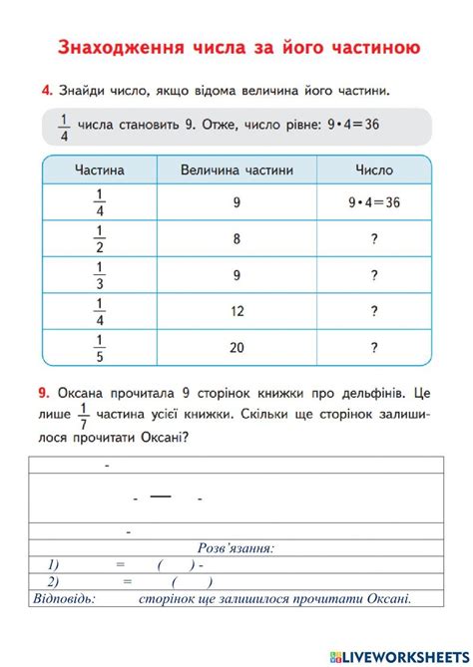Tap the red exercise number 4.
click(47, 92)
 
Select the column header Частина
click(100, 170)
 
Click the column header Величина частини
click(237, 170)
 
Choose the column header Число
click(374, 170)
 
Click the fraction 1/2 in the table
click(100, 238)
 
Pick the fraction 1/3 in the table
click(100, 275)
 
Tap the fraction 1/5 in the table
click(100, 348)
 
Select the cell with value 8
click(237, 238)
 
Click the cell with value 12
click(237, 311)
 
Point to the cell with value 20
click(237, 348)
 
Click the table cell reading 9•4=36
click(374, 202)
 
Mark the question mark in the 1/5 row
click(374, 348)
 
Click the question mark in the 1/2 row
click(374, 238)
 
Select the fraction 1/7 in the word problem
click(84, 413)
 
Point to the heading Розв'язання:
click(236, 547)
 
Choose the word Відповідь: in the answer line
click(64, 598)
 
